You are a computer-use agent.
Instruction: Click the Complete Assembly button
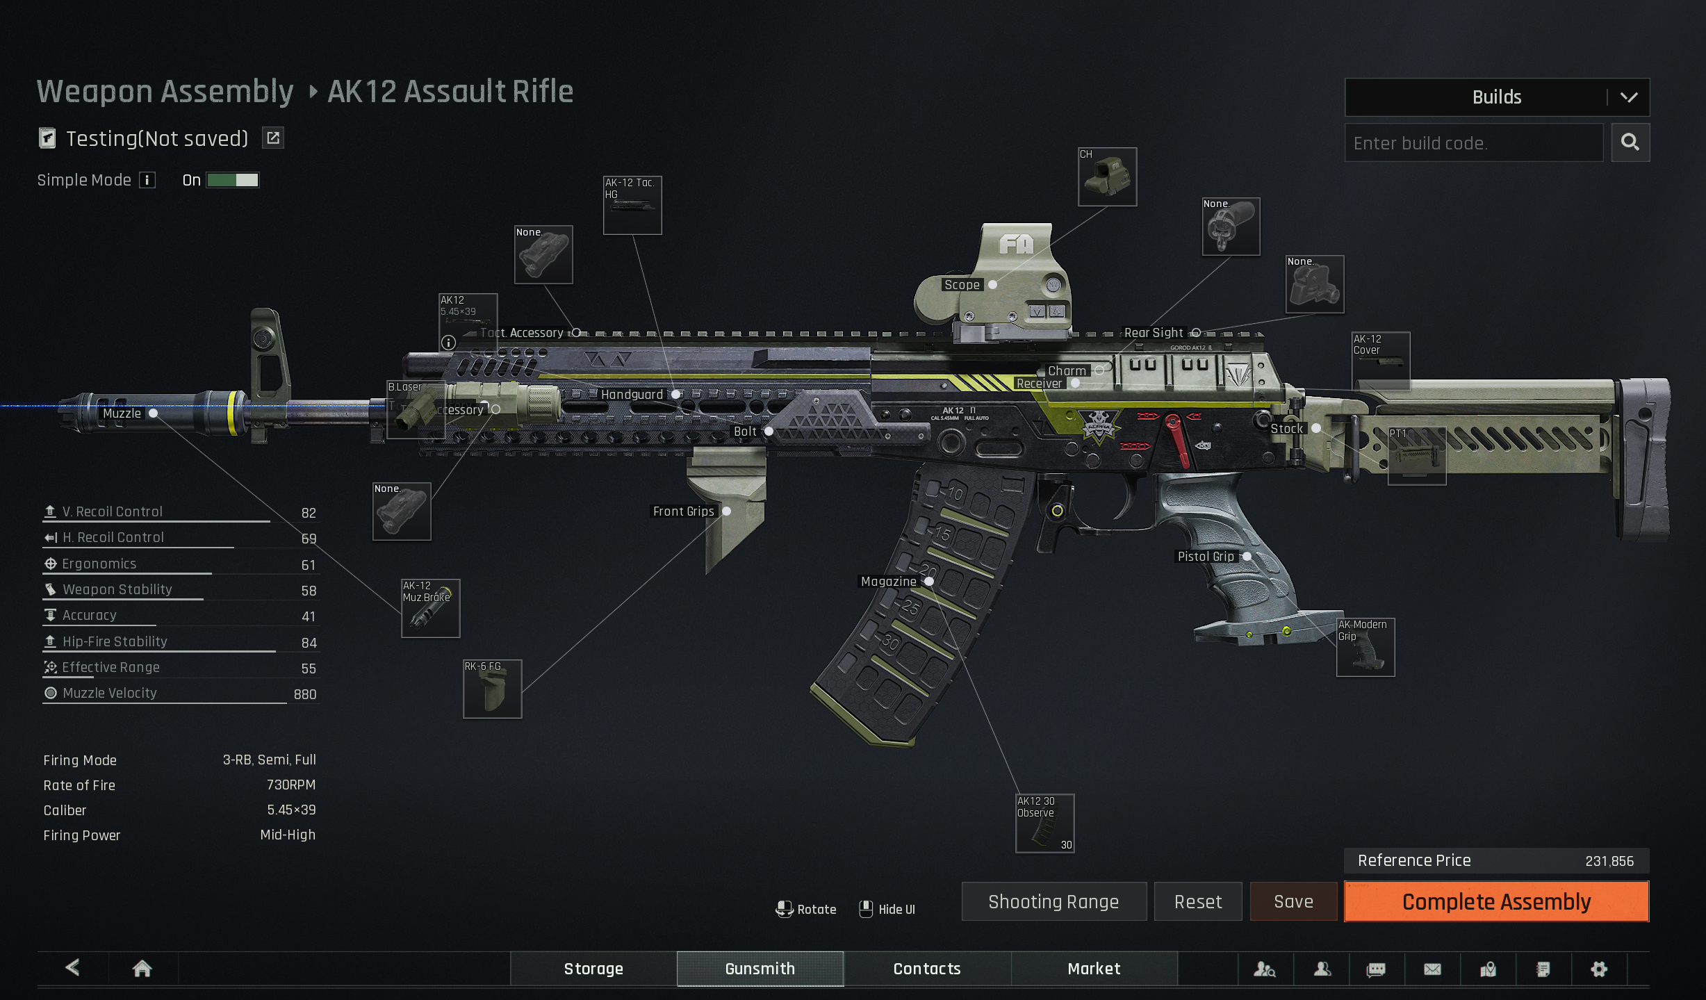point(1496,901)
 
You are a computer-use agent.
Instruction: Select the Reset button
point(1198,901)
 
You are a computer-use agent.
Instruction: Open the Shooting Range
point(1053,901)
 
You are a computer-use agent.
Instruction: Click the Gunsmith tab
point(760,969)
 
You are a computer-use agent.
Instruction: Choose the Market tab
point(1094,969)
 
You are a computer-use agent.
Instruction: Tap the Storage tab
point(593,969)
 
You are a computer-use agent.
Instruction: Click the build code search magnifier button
point(1630,142)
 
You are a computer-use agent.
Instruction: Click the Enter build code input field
point(1473,143)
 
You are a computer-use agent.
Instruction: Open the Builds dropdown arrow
point(1629,97)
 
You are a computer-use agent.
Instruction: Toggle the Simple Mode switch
point(233,181)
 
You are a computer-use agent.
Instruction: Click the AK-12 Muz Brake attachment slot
point(431,608)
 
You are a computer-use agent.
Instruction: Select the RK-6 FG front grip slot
point(492,689)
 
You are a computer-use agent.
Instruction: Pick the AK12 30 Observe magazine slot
point(1044,823)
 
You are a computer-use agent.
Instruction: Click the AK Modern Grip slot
point(1365,647)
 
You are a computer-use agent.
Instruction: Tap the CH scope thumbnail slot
point(1107,177)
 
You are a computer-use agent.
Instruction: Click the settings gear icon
point(1599,969)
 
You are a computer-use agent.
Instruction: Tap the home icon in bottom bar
point(142,969)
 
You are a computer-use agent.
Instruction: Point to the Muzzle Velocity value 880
point(304,694)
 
